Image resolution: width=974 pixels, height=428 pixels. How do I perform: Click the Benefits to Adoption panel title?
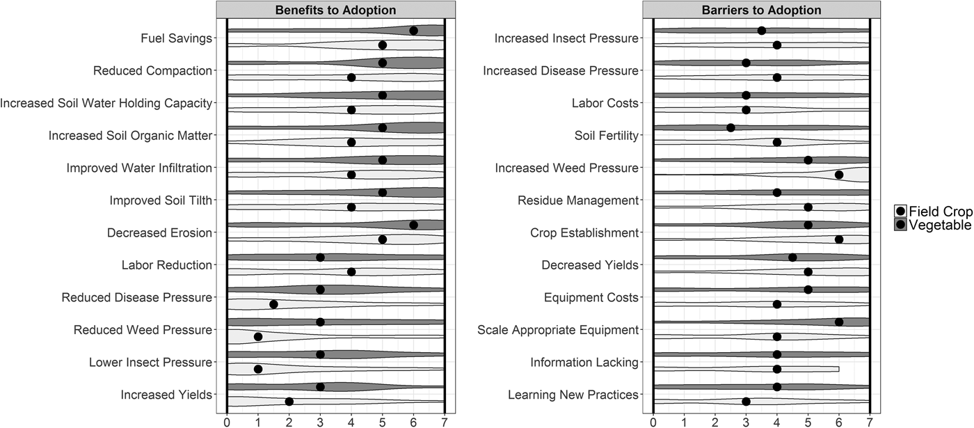pos(335,10)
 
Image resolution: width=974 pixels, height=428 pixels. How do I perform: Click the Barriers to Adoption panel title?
pos(761,10)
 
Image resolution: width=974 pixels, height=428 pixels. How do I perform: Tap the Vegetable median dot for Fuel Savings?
pos(413,31)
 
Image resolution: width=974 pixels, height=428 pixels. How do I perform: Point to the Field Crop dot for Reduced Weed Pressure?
pos(258,337)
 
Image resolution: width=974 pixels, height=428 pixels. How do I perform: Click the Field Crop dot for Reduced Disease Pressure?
pos(273,304)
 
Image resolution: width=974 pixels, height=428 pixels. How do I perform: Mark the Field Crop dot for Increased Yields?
pos(289,402)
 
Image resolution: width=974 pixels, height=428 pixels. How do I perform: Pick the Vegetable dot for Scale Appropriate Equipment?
pos(839,322)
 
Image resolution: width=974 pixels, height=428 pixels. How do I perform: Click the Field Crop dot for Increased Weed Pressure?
pos(839,175)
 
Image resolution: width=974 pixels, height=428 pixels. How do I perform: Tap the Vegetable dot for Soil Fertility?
pos(730,127)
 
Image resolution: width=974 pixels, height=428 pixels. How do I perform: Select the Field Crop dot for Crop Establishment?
pos(839,239)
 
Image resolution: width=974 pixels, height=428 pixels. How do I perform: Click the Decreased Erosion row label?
pos(159,232)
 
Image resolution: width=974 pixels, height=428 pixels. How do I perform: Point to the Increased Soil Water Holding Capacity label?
pos(106,103)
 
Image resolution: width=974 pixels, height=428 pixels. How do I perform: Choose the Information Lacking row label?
pos(584,362)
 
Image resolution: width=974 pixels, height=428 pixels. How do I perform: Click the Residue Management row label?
pos(577,200)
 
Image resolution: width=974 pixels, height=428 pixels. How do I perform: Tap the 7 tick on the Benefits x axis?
pos(444,421)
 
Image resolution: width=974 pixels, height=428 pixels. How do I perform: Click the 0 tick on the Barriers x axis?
pos(653,421)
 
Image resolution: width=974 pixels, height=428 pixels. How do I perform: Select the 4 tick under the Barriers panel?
pos(777,421)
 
